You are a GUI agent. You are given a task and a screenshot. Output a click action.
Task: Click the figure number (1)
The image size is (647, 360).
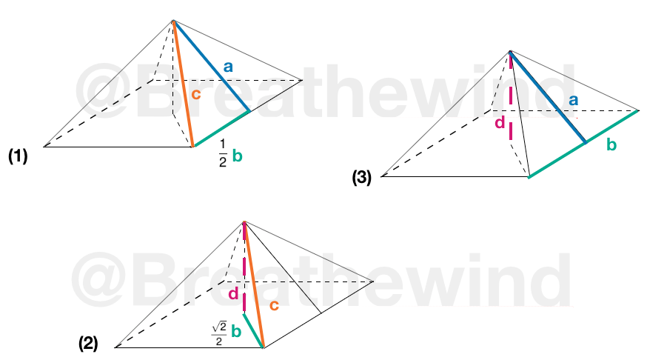pyautogui.click(x=18, y=156)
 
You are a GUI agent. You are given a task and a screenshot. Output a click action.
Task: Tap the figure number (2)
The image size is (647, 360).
pyautogui.click(x=88, y=344)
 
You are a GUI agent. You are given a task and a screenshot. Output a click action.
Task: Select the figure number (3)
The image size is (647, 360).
pyautogui.click(x=361, y=177)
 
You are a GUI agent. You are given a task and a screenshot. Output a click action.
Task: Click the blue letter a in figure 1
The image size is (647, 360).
pyautogui.click(x=228, y=67)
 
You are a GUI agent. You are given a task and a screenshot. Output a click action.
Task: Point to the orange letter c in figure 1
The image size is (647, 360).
pyautogui.click(x=195, y=94)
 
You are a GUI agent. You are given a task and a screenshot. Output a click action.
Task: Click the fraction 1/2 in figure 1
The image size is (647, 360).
pyautogui.click(x=223, y=153)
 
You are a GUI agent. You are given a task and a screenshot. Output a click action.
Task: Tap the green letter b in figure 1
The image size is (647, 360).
pyautogui.click(x=237, y=156)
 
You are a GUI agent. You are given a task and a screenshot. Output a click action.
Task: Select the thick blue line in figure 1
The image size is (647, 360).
pyautogui.click(x=211, y=66)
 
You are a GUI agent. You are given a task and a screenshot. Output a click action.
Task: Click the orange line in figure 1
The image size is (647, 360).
pyautogui.click(x=183, y=83)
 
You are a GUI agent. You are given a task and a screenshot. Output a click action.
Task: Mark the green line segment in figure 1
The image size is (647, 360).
pyautogui.click(x=221, y=128)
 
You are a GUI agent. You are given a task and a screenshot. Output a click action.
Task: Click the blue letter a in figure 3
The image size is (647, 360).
pyautogui.click(x=573, y=100)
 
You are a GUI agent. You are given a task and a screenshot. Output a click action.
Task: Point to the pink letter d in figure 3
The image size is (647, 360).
pyautogui.click(x=500, y=122)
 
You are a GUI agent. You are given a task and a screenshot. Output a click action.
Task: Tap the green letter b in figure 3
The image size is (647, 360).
pyautogui.click(x=611, y=144)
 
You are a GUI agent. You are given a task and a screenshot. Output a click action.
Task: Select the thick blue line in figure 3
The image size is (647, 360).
pyautogui.click(x=548, y=97)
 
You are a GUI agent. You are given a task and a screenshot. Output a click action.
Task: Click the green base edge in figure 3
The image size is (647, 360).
pyautogui.click(x=583, y=144)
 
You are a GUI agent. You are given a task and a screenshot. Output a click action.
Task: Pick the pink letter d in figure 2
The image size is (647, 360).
pyautogui.click(x=233, y=293)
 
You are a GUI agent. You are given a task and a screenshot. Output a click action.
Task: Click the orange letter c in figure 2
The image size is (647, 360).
pyautogui.click(x=274, y=305)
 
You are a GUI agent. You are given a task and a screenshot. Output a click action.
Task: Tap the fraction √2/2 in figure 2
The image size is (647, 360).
pyautogui.click(x=219, y=333)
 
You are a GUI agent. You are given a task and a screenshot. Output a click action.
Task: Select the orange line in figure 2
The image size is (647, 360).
pyautogui.click(x=254, y=284)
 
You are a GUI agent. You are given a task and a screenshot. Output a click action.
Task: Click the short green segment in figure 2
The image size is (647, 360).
pyautogui.click(x=253, y=330)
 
